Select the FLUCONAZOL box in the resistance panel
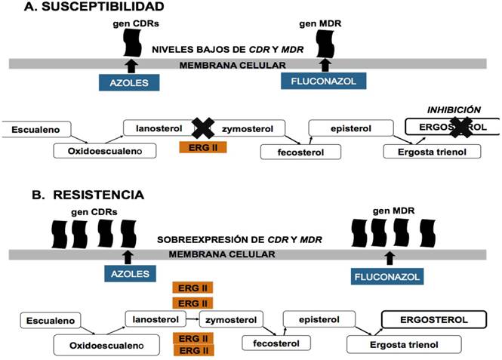click(x=390, y=277)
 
